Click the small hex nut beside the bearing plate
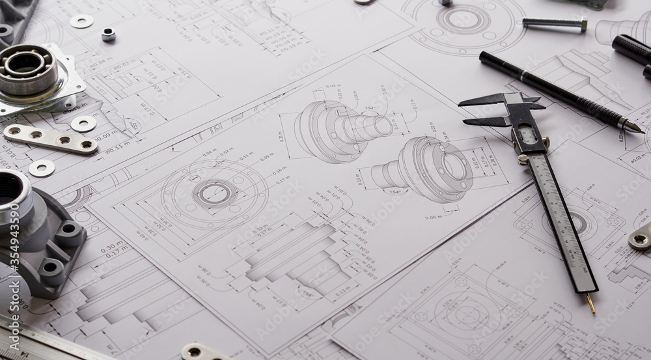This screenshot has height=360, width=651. pos(108,35)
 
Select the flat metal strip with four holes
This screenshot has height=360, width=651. pos(50,139)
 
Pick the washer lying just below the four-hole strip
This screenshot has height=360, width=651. pos(42,168)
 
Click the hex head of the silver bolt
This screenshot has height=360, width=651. pos(583,25)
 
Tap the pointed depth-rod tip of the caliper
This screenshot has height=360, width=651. pos(592,306)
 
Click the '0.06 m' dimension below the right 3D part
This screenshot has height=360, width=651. pos(434,217)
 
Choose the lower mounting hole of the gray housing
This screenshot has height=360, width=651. pos(49,267)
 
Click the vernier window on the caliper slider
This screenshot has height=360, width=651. pos(527,135)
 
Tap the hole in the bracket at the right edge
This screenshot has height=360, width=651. pos(639,240)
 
